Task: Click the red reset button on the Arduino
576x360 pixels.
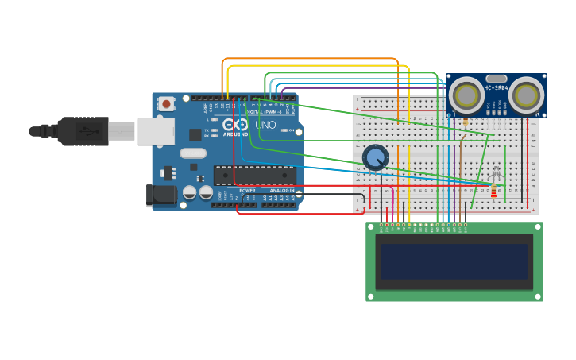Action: [x=166, y=103]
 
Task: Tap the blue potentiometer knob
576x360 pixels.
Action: [x=375, y=157]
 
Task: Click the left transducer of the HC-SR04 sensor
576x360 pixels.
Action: [x=466, y=95]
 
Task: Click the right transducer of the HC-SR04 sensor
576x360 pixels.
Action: [x=526, y=95]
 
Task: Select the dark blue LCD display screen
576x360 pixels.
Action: [x=454, y=261]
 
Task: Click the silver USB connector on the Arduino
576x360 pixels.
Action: [x=156, y=131]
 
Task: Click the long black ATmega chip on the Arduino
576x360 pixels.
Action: [x=254, y=175]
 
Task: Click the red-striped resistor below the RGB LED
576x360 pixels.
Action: [x=493, y=192]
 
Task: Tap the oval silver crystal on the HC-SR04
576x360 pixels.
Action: [x=496, y=79]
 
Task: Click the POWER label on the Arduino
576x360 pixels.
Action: [x=248, y=191]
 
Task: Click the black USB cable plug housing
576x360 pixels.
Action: [x=83, y=131]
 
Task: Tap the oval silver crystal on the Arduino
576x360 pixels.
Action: [x=192, y=153]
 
